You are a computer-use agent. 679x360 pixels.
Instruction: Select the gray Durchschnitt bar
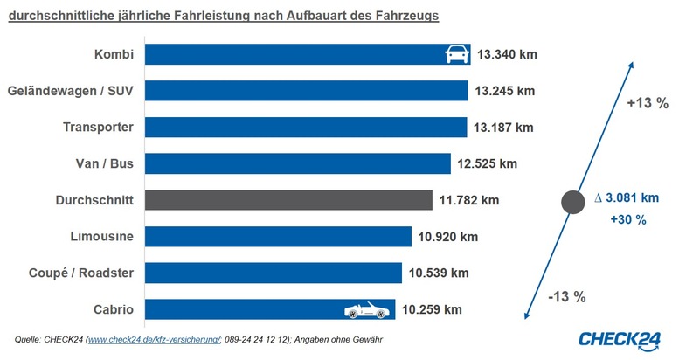(288, 200)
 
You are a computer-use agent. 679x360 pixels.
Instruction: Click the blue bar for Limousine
(278, 237)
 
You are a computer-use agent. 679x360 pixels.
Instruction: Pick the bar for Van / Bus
(297, 163)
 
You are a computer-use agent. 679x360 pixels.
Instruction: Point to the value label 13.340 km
(507, 54)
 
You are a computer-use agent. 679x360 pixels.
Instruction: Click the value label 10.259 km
(432, 309)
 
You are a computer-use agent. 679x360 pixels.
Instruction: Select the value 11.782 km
(469, 200)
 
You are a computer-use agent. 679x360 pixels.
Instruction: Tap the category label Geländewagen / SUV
(70, 91)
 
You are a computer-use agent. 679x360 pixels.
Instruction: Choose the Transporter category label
(98, 128)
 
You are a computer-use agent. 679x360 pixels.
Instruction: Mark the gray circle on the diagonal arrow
(572, 203)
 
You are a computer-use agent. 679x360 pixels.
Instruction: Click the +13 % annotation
(648, 103)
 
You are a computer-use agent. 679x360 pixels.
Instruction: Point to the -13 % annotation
(568, 296)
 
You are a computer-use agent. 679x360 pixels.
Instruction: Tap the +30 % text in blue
(628, 220)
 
